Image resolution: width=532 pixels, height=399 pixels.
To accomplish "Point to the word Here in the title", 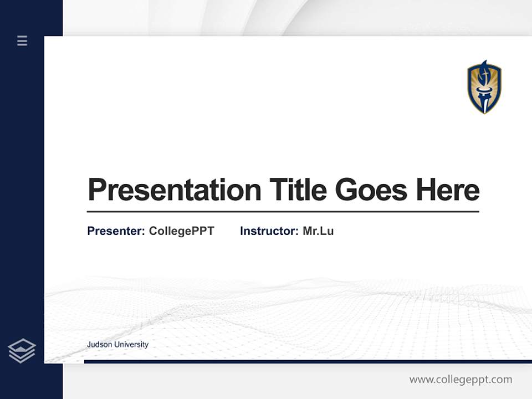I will click(448, 190).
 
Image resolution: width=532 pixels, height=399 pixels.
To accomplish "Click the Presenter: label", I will click(116, 231).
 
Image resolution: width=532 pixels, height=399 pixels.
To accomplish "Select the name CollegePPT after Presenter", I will click(181, 231).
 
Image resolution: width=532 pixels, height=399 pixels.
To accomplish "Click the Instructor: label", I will click(269, 231).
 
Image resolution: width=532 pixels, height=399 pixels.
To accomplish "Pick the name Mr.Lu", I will click(318, 231).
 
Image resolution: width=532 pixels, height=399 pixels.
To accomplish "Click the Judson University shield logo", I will click(484, 88).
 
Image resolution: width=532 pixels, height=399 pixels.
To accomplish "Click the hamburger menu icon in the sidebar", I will click(22, 40).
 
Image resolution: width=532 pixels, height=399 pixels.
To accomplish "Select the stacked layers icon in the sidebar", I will click(22, 351).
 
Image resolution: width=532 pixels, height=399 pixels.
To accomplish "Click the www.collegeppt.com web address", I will click(461, 380).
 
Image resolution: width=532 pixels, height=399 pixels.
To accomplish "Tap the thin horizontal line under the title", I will click(283, 212).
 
